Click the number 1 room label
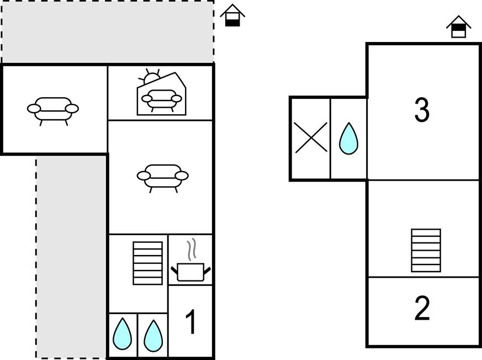[x=190, y=322]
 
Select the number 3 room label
[x=422, y=110]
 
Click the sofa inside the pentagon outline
[x=162, y=100]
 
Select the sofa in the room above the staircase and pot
[x=162, y=176]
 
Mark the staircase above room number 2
[x=426, y=251]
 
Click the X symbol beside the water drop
[x=310, y=137]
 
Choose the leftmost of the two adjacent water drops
[x=123, y=334]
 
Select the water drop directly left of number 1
[x=153, y=334]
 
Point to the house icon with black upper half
[x=459, y=27]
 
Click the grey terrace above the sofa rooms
[x=108, y=32]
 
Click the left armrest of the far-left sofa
[x=33, y=109]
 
